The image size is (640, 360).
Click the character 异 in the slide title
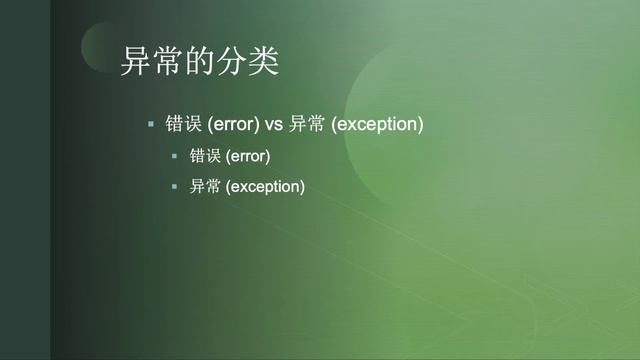(x=135, y=62)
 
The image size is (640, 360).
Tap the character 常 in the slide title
(x=167, y=62)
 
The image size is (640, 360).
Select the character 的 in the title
(x=199, y=62)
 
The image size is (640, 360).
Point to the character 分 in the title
(x=231, y=62)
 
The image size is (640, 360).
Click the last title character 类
(x=263, y=62)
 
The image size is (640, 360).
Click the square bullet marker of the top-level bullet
(x=151, y=125)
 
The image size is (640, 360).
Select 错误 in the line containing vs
(x=184, y=125)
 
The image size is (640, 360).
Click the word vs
(x=273, y=125)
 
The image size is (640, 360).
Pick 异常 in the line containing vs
(x=305, y=125)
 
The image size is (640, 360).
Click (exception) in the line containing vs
(x=377, y=125)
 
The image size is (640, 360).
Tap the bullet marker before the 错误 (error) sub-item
(x=173, y=157)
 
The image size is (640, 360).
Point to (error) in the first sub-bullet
(x=248, y=157)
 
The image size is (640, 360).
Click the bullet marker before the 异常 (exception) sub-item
(x=173, y=187)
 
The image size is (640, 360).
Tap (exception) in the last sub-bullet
(x=265, y=187)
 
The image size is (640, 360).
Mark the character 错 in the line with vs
(x=175, y=125)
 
